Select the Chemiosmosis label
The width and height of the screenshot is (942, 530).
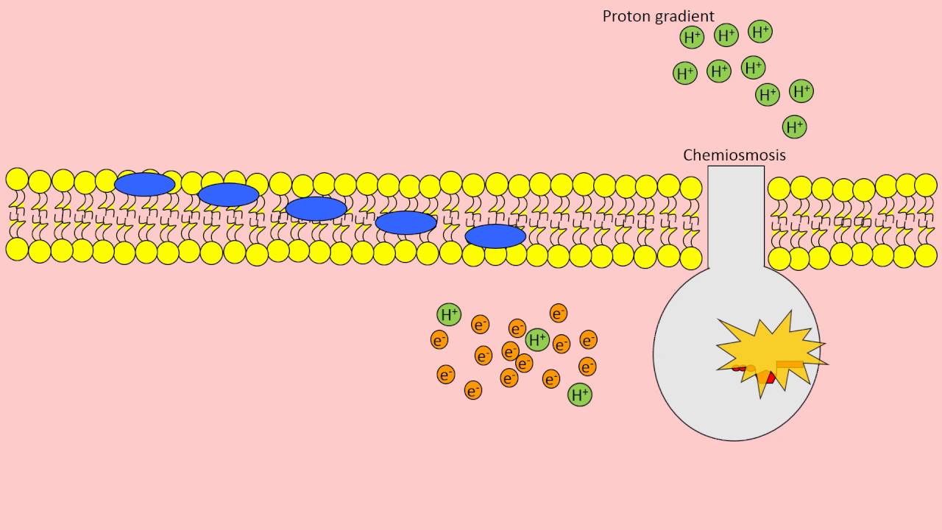(x=734, y=155)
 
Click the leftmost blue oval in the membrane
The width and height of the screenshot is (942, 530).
(x=145, y=184)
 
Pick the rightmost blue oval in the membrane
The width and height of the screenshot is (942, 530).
(x=495, y=236)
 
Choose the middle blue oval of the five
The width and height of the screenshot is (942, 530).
(x=316, y=208)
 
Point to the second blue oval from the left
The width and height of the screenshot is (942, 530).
(x=229, y=194)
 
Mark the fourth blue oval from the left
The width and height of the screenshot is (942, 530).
(x=406, y=222)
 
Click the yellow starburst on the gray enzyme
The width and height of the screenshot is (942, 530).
(x=765, y=350)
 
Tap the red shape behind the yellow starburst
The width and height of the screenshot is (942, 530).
(x=767, y=378)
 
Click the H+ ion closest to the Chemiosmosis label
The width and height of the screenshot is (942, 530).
(x=795, y=127)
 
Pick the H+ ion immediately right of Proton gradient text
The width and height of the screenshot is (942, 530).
(x=692, y=38)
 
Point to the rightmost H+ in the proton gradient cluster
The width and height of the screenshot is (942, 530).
(x=801, y=92)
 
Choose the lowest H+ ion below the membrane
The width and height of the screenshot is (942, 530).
(x=580, y=395)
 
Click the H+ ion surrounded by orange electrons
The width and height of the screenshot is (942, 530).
(x=538, y=340)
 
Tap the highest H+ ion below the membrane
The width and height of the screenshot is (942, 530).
(x=449, y=314)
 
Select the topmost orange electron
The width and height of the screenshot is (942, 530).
(x=559, y=314)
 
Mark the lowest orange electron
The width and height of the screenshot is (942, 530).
(x=473, y=390)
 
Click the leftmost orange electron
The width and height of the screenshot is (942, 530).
(x=439, y=340)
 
